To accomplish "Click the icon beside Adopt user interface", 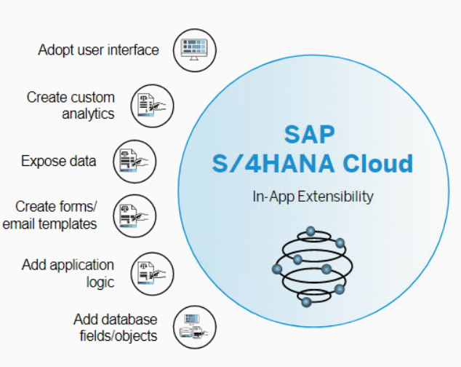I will click(196, 50).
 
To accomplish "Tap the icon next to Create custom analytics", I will click(153, 105).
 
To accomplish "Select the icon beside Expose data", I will click(135, 161).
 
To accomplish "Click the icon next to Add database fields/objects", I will click(195, 327).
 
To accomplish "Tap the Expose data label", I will click(59, 161).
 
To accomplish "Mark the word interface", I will click(132, 50).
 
